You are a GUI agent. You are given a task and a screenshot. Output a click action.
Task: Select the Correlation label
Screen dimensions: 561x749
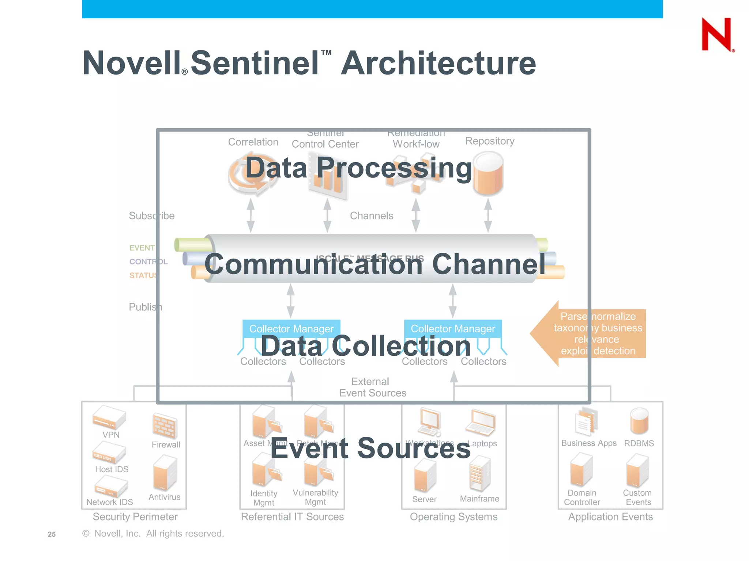pyautogui.click(x=253, y=142)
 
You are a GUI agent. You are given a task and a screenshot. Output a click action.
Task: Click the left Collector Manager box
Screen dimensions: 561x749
pyautogui.click(x=291, y=328)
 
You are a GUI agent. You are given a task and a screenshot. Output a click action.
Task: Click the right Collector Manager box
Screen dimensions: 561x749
pyautogui.click(x=453, y=328)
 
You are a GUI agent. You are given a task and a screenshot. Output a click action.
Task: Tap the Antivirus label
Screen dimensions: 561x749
pyautogui.click(x=165, y=497)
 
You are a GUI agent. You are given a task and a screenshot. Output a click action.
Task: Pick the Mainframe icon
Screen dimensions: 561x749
pyautogui.click(x=479, y=474)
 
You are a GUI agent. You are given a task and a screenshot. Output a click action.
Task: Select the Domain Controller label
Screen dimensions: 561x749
pyautogui.click(x=582, y=497)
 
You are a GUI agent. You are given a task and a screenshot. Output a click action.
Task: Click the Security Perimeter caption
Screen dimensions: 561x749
pyautogui.click(x=135, y=517)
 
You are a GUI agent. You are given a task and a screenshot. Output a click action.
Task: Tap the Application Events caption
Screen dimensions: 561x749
pyautogui.click(x=610, y=517)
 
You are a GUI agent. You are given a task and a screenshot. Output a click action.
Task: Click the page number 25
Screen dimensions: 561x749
pyautogui.click(x=52, y=534)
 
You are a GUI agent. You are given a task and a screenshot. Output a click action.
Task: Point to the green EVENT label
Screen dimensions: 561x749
pyautogui.click(x=142, y=248)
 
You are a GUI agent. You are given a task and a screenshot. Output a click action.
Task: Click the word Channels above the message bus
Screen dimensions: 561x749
pyautogui.click(x=372, y=216)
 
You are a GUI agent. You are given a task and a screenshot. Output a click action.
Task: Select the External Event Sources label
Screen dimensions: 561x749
pyautogui.click(x=372, y=387)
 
